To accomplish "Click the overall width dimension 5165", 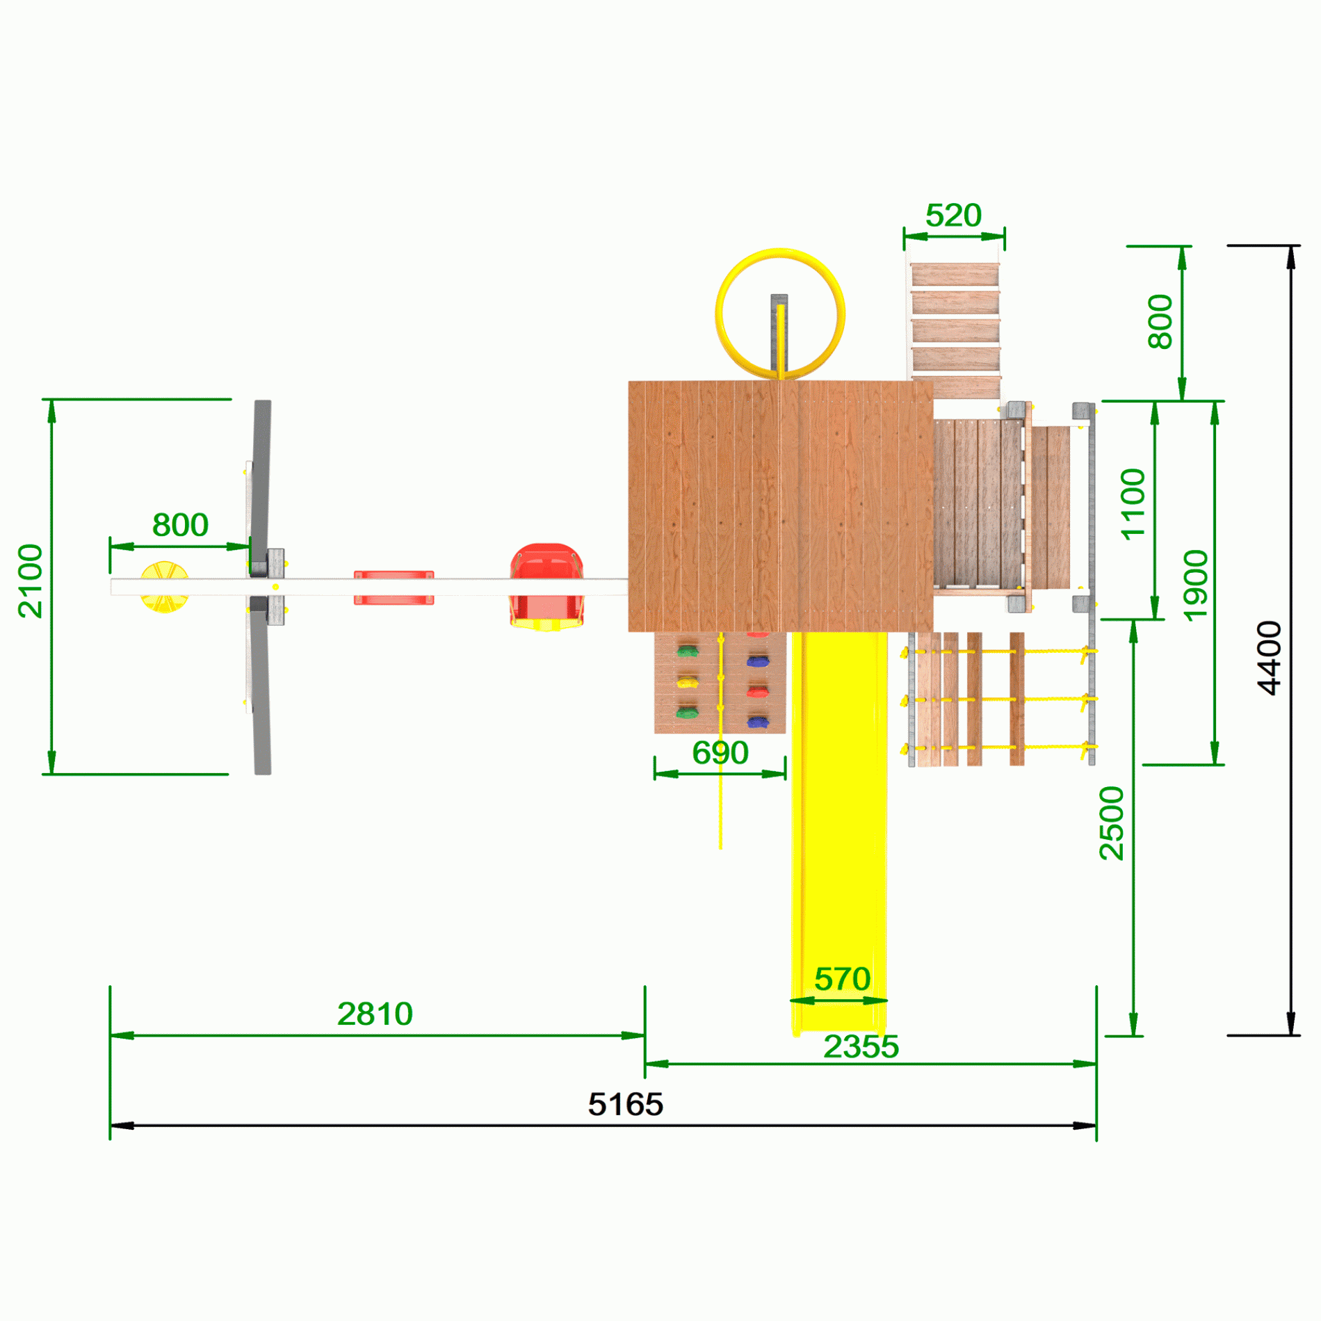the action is (626, 1104).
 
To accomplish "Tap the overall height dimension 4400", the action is (1270, 658).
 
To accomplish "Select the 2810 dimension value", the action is (375, 1014).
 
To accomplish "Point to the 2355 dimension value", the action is (861, 1046).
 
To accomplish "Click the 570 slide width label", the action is (842, 979).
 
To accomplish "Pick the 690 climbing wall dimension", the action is (720, 752).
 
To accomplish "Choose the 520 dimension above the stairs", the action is (953, 216).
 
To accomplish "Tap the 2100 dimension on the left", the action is (31, 581).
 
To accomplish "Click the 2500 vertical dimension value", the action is (1112, 823).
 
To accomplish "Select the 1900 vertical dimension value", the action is (1195, 585).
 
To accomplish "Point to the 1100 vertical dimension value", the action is (1133, 504).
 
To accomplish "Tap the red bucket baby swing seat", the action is (546, 587).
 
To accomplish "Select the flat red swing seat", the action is (394, 587).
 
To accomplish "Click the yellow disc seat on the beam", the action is (164, 587).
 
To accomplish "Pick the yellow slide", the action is (839, 833).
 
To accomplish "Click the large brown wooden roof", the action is (781, 506).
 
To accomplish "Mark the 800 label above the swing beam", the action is (180, 525).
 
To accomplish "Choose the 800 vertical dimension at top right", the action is (1160, 321).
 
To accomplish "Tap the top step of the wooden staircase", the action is (955, 274).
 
